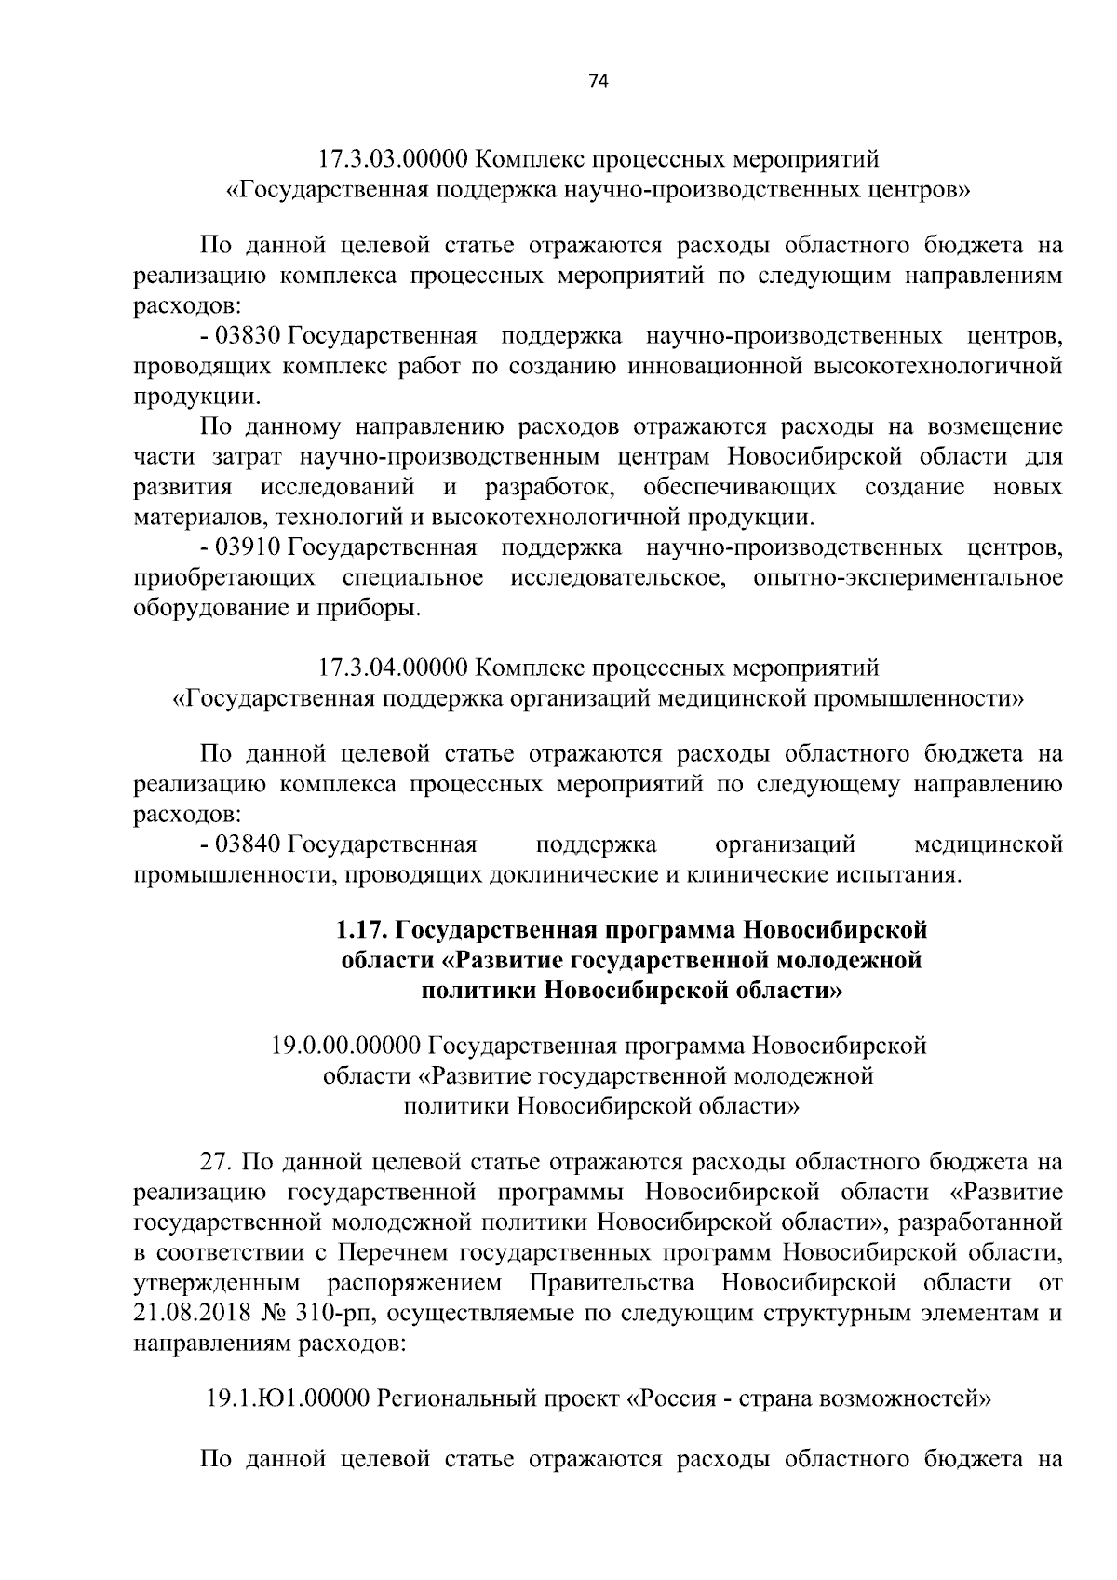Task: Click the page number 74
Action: (x=599, y=82)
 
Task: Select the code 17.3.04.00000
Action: (x=392, y=668)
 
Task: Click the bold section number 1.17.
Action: (x=363, y=929)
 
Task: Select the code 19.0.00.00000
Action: (x=347, y=1046)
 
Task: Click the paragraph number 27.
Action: (x=216, y=1163)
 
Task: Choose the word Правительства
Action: (x=612, y=1283)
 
